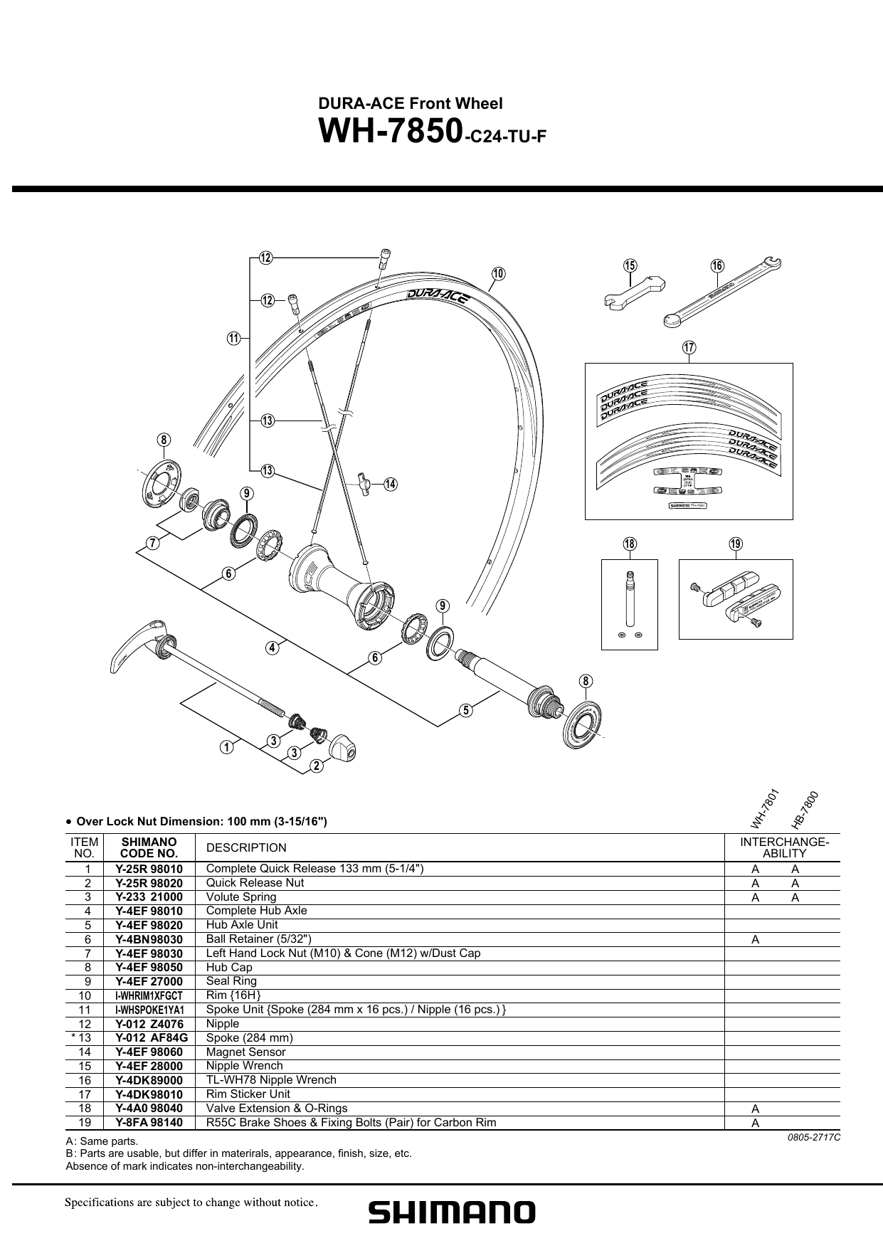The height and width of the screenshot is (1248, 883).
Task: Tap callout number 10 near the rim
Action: (x=498, y=274)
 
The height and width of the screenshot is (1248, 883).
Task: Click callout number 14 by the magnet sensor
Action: (x=390, y=485)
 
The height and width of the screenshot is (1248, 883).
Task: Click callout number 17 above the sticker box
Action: (x=688, y=347)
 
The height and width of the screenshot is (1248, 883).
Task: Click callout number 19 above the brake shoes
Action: (x=735, y=544)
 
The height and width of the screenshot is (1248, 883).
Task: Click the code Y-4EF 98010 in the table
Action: (x=149, y=911)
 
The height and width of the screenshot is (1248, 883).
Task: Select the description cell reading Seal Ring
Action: (x=231, y=981)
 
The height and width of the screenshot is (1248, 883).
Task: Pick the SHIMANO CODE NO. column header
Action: (x=149, y=847)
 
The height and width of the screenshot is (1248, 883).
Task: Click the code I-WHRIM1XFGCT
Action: (x=149, y=995)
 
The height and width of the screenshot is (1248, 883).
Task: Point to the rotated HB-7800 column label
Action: (x=805, y=811)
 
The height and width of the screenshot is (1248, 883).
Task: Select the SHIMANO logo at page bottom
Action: (x=451, y=1212)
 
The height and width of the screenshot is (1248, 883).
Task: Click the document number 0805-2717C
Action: (x=814, y=1137)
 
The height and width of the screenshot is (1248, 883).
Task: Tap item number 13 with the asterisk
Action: (x=84, y=1037)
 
